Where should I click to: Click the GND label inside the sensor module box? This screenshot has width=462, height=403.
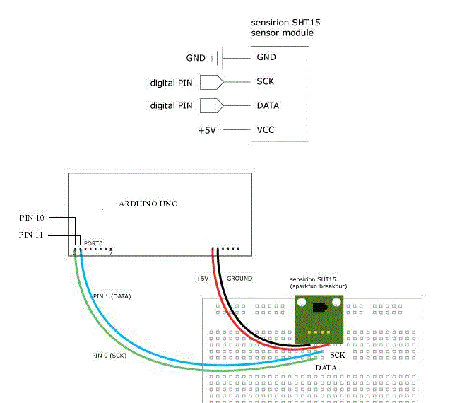click(x=266, y=57)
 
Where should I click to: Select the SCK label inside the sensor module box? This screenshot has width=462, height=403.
click(x=266, y=81)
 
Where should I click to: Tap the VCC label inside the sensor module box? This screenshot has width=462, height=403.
click(x=266, y=130)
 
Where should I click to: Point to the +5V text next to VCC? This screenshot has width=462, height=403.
click(x=206, y=130)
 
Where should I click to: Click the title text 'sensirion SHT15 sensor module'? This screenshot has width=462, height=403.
click(x=283, y=28)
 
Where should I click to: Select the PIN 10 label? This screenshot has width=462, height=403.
click(x=32, y=218)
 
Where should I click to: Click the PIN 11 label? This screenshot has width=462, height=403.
click(x=32, y=235)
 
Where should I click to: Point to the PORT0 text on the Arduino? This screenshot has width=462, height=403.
click(x=94, y=243)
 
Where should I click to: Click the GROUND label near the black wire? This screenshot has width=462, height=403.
click(x=239, y=279)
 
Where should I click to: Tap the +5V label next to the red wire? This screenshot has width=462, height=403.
click(x=202, y=279)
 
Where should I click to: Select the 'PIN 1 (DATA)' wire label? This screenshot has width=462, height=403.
click(x=112, y=295)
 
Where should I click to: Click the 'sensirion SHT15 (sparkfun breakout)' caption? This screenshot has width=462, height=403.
click(x=319, y=282)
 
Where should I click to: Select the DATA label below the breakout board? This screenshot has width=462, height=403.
click(x=326, y=368)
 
